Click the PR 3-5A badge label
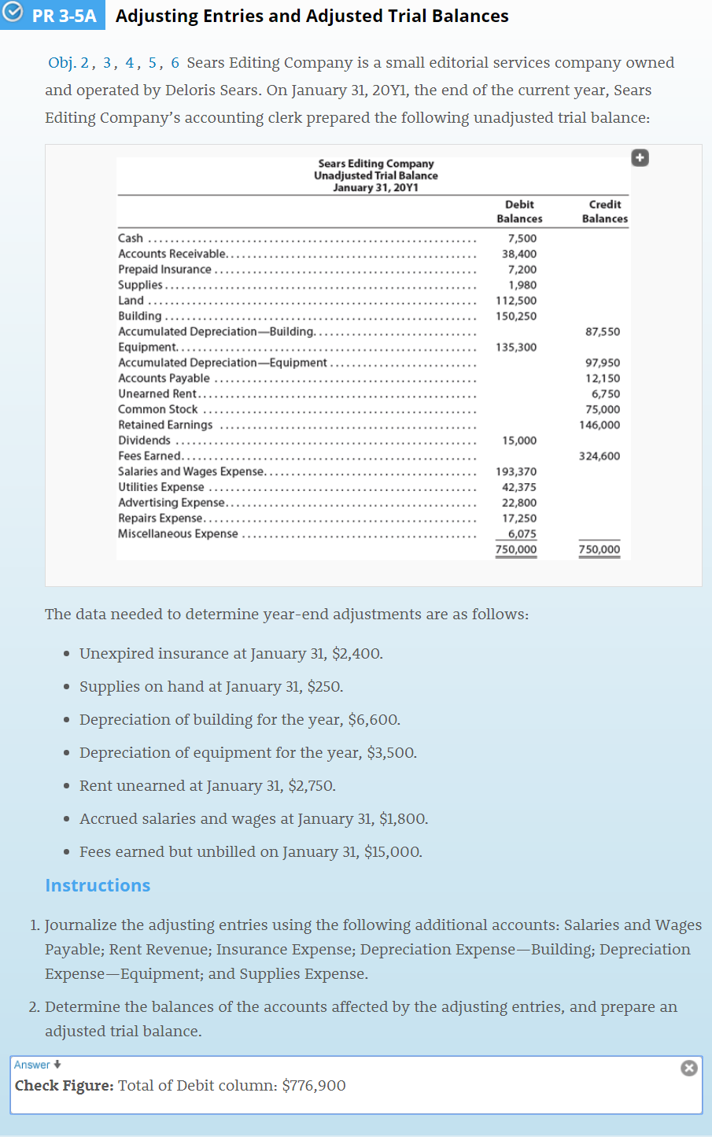[64, 16]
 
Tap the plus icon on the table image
[640, 158]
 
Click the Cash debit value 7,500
[522, 238]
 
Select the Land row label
[131, 301]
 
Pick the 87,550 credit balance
[603, 332]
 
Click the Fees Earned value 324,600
[599, 456]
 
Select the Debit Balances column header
[519, 211]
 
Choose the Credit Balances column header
[604, 211]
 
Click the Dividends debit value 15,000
[519, 441]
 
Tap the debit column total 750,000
[516, 549]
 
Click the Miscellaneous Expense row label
[178, 534]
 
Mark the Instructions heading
[98, 885]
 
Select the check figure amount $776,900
[313, 1086]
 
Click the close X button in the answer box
[688, 1068]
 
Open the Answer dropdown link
[37, 1065]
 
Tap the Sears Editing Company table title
[375, 164]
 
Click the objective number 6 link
[175, 63]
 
